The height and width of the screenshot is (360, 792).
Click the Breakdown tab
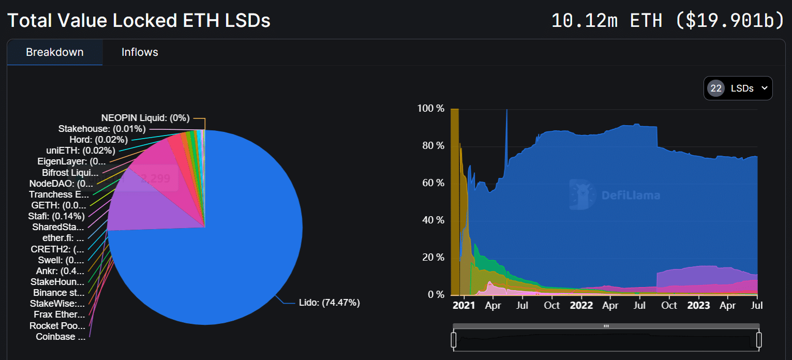55,52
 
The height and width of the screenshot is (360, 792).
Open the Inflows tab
140,52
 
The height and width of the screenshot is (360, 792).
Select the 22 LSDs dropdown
738,88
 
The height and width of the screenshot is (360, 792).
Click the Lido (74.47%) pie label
329,303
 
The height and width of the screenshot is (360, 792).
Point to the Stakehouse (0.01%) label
102,128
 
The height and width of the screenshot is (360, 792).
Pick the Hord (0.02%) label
98,140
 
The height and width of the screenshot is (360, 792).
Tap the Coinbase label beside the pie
61,337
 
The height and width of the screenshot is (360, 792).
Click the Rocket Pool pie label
57,326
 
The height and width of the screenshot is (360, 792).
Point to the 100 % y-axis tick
430,109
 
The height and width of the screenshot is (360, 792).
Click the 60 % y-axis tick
432,183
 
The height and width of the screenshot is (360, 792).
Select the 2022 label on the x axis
581,305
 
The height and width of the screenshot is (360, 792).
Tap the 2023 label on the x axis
699,305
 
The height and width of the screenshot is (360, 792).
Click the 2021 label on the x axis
464,305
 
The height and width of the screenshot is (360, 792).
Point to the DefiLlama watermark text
630,196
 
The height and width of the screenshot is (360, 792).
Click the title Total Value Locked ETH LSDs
139,21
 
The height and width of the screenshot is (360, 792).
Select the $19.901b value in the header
730,21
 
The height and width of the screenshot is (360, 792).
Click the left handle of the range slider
454,340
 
